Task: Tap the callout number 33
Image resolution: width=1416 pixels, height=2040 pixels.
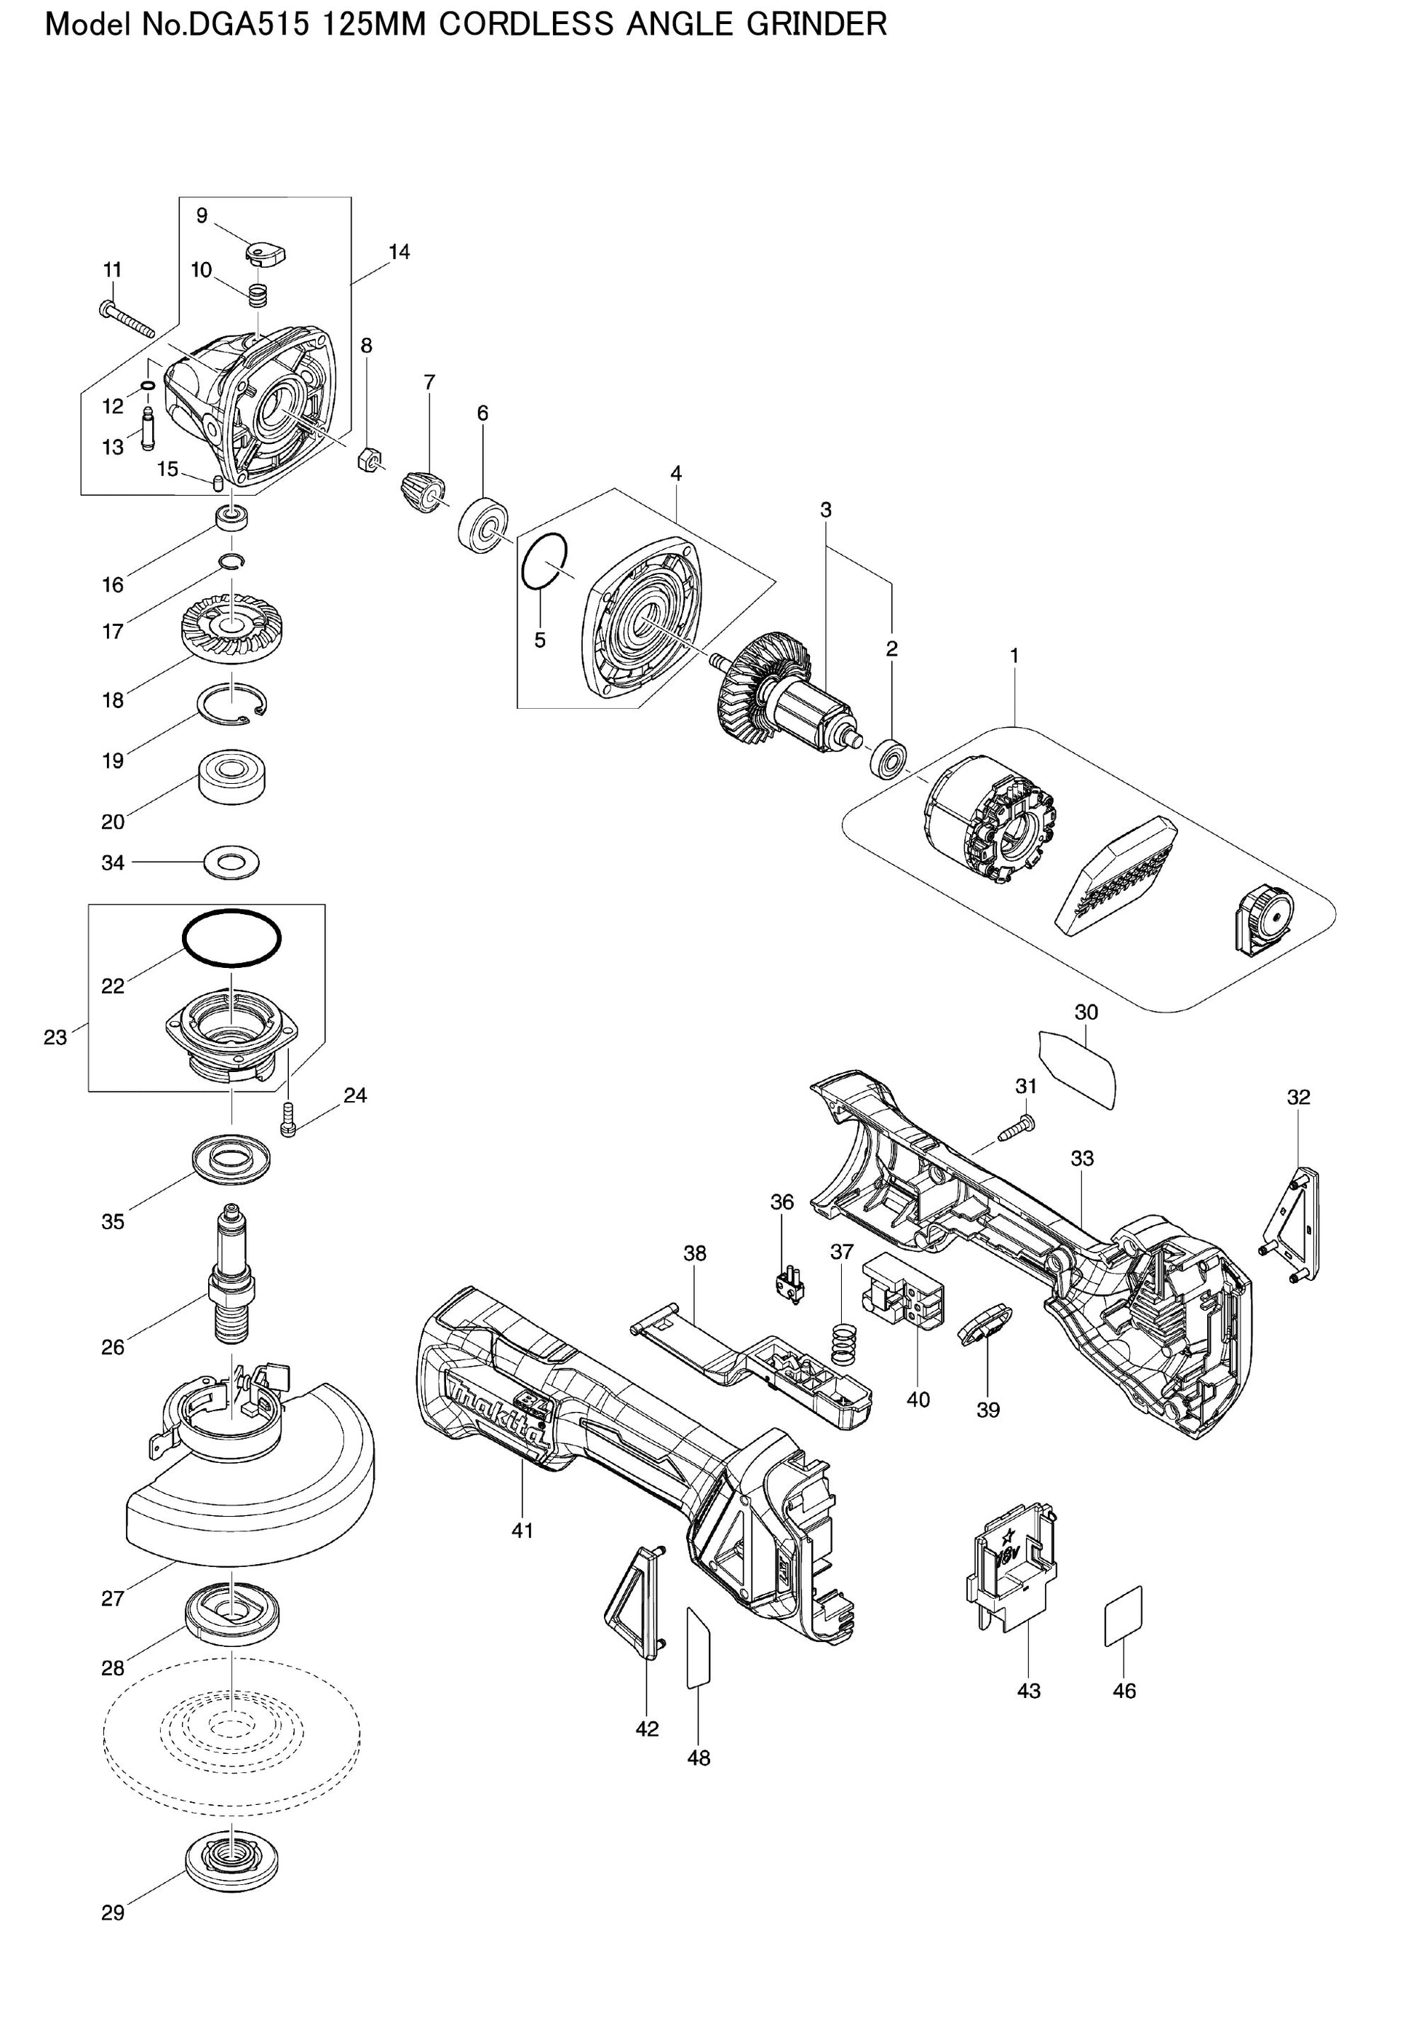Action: pos(1083,1158)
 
